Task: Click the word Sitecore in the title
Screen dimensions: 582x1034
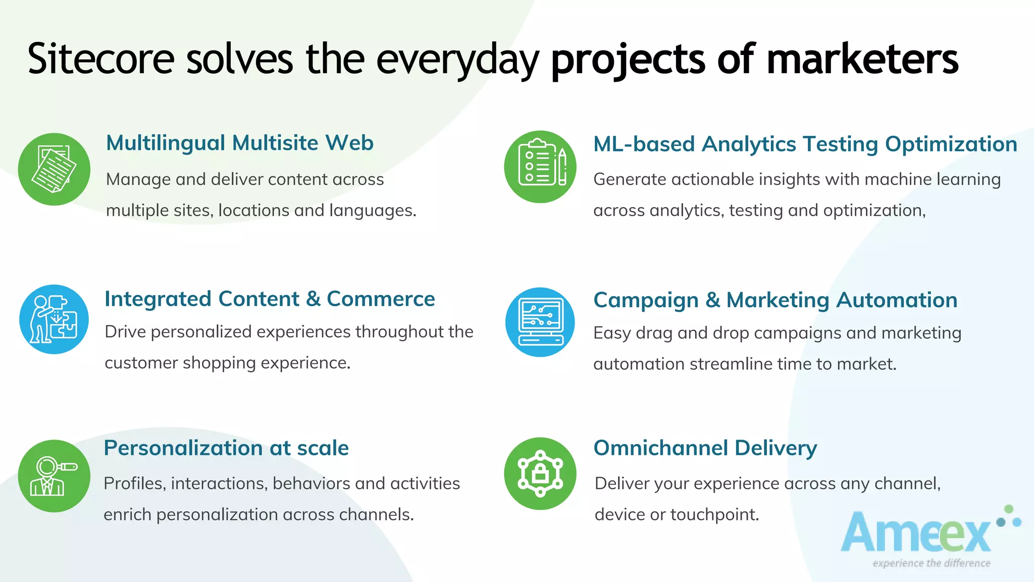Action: pos(101,60)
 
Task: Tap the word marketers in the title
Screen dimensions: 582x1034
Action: pos(862,60)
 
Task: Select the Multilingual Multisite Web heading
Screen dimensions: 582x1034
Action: pos(239,143)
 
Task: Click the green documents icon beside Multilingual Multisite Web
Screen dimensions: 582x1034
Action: pos(54,169)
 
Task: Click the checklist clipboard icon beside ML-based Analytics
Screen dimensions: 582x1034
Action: pos(540,167)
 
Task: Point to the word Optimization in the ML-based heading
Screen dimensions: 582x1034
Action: pos(951,144)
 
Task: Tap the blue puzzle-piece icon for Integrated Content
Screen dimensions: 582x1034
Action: pos(54,319)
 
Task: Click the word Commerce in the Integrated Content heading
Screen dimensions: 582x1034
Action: pos(381,299)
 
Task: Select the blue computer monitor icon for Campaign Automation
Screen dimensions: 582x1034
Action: pos(540,322)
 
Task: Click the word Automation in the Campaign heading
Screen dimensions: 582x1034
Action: pos(897,300)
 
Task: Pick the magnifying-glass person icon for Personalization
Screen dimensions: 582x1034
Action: pos(54,476)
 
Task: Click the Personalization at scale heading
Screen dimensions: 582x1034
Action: pos(226,448)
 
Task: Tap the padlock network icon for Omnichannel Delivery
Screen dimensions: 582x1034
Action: pos(540,473)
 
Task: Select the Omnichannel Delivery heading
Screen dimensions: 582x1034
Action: pos(705,448)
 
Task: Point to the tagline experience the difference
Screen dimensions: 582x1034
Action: pos(931,563)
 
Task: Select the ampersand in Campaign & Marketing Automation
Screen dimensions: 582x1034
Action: pos(712,300)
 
